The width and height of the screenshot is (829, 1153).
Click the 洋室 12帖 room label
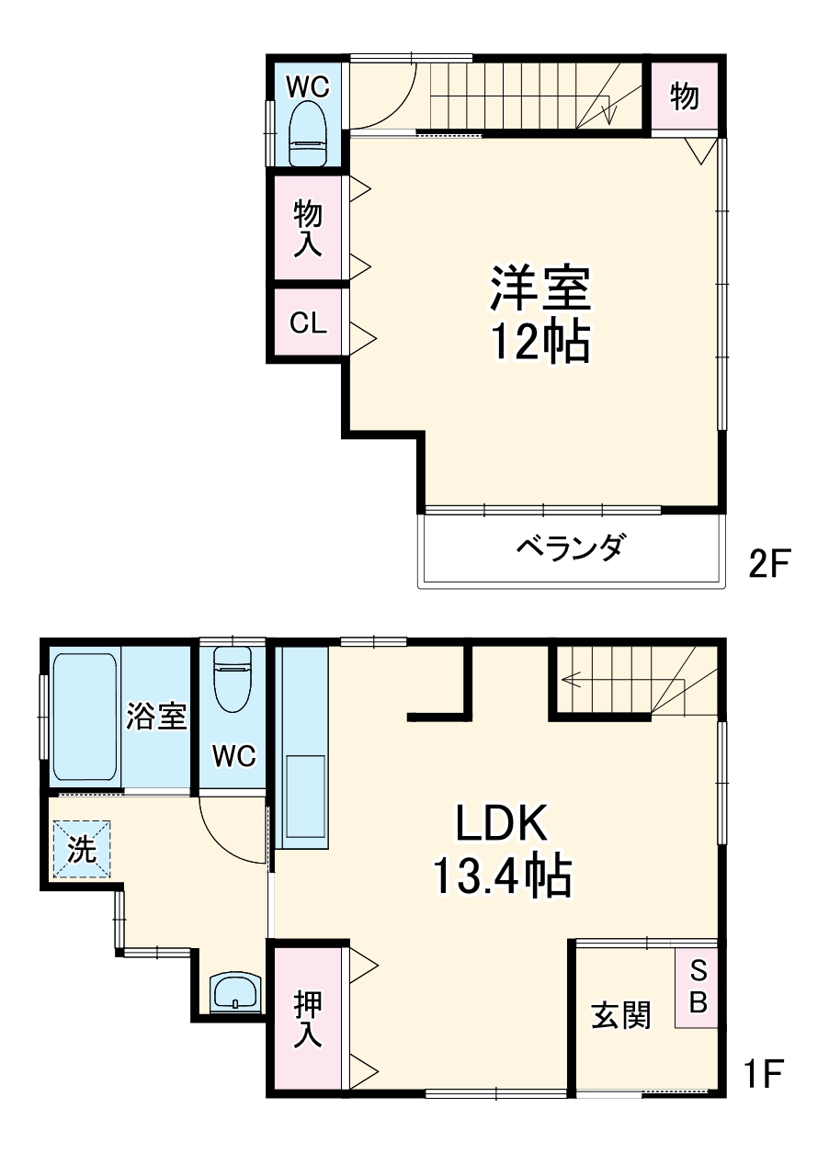pos(539,315)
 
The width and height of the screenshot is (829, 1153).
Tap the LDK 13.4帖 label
pos(501,850)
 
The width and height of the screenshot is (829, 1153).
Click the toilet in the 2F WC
pos(308,133)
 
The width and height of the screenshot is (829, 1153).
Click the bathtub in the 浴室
pos(85,715)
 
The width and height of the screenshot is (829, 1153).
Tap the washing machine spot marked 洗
pos(82,850)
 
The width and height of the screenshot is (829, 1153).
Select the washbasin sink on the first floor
pos(236,992)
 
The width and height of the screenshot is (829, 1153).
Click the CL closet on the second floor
pos(307,323)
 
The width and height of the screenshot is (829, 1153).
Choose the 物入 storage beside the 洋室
pos(307,227)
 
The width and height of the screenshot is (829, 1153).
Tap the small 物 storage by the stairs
pos(684,96)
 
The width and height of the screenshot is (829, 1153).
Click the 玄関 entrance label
pos(620,1015)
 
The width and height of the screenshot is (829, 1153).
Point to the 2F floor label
pos(769,562)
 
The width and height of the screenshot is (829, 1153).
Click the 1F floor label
pos(763,1072)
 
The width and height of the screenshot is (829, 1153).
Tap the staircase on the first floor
pos(634,680)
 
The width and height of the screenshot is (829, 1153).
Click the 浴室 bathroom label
pos(156,716)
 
